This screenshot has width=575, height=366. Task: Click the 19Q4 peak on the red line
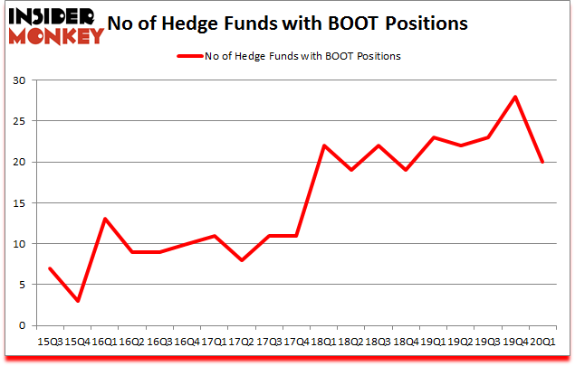[515, 97]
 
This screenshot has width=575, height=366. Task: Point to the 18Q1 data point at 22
[323, 145]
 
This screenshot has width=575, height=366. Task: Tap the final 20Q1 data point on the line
[542, 162]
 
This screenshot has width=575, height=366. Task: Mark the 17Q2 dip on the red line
[241, 260]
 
